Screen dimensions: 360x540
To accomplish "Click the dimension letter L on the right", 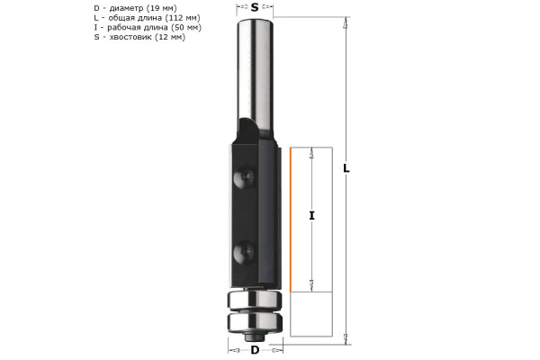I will [x=347, y=167].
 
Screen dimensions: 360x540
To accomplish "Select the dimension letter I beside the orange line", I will [x=311, y=215].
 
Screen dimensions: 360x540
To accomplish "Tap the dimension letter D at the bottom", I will [x=255, y=348].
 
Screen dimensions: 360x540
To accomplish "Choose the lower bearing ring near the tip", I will [x=255, y=319].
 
